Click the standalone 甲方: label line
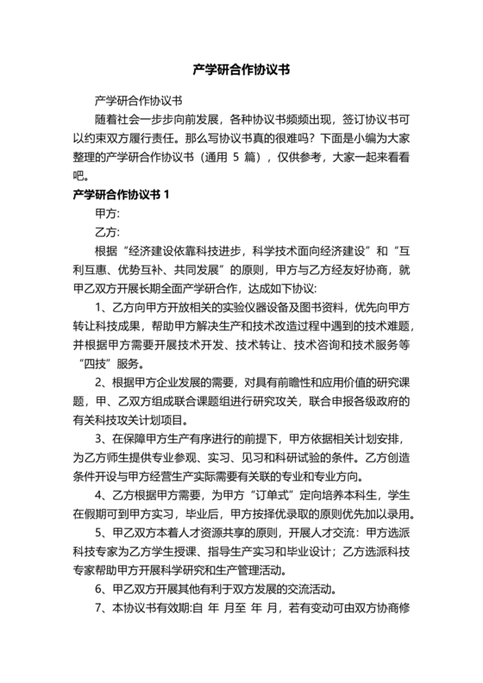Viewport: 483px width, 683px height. [x=106, y=213]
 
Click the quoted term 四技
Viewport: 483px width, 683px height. [x=97, y=363]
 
